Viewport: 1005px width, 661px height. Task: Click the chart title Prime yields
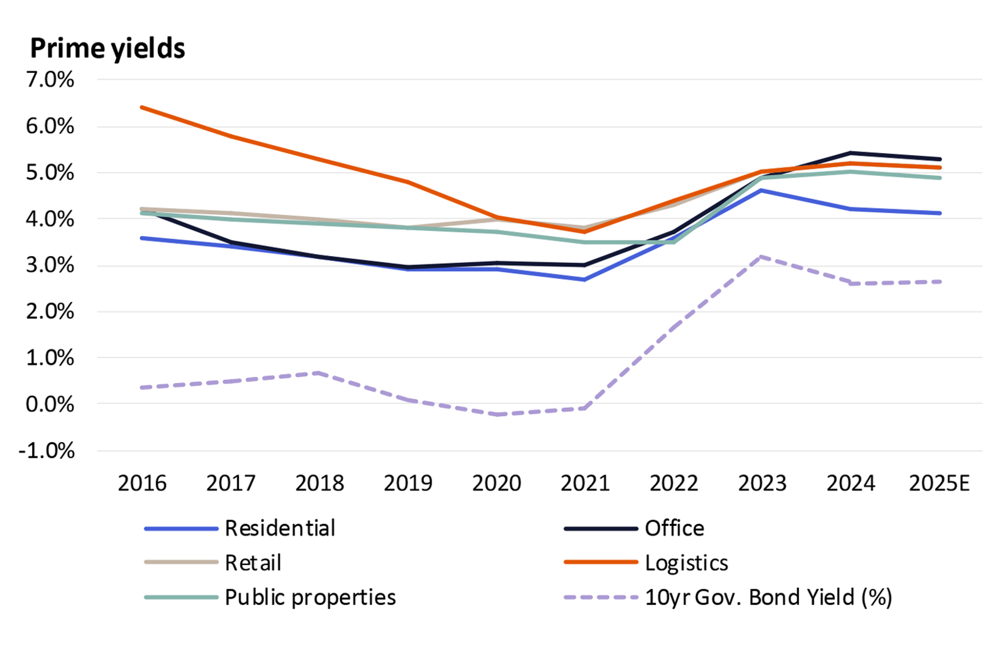(108, 49)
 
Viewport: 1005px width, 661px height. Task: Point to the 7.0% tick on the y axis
(50, 79)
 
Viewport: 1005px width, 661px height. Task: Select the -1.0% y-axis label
(46, 451)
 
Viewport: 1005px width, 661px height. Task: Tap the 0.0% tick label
(50, 404)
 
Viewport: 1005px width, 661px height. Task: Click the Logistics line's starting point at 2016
(142, 107)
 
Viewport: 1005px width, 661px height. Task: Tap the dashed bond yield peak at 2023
(762, 257)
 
